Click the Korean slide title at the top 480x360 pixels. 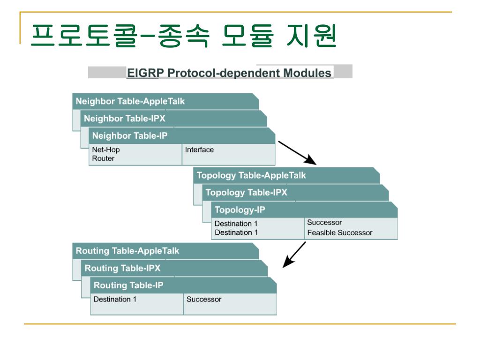(183, 36)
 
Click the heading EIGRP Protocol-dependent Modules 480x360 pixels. (229, 73)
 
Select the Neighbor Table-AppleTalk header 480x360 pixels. (130, 101)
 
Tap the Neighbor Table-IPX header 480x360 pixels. (125, 119)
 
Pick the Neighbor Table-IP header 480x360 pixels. (130, 136)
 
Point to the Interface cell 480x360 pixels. (199, 150)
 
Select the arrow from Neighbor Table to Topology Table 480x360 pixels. (298, 152)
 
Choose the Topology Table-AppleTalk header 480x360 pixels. (251, 176)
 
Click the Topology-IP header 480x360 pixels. (240, 210)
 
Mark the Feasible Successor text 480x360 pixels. (339, 232)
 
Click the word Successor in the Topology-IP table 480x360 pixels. (324, 222)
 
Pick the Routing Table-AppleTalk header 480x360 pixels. (127, 251)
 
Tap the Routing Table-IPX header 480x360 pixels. (123, 269)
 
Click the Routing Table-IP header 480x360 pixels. (129, 285)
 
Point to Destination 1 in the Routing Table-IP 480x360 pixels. (115, 299)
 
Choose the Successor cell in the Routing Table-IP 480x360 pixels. (204, 299)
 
